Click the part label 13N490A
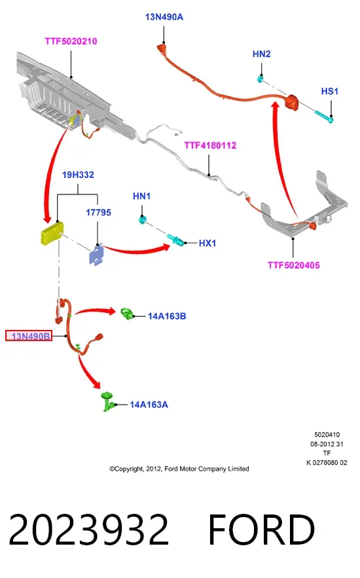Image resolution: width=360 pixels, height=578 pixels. click(x=164, y=17)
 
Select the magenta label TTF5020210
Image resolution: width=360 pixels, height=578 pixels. click(x=71, y=41)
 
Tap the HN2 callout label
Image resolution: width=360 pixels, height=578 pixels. click(x=262, y=54)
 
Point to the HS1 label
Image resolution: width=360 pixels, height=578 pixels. click(x=330, y=91)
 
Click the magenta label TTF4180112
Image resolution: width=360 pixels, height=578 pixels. click(x=210, y=145)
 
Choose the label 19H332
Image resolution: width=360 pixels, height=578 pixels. click(x=78, y=174)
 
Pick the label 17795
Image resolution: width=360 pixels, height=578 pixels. click(x=98, y=212)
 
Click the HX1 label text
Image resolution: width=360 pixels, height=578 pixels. click(x=207, y=243)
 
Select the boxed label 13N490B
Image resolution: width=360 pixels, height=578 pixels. click(x=29, y=336)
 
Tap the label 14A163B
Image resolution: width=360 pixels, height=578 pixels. click(x=167, y=316)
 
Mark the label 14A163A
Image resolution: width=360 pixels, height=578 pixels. click(x=149, y=405)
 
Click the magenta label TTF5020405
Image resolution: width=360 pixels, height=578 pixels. click(x=294, y=265)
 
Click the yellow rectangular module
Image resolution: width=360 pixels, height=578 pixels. click(x=52, y=233)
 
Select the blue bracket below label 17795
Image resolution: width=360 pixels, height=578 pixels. click(x=96, y=255)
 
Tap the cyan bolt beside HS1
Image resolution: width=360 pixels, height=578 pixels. click(x=324, y=116)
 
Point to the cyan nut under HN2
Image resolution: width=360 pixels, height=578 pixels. click(x=260, y=79)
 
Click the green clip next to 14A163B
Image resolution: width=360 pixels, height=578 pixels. click(x=128, y=314)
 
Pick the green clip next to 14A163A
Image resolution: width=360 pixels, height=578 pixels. click(x=107, y=401)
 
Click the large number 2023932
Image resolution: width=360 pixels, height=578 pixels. click(x=88, y=530)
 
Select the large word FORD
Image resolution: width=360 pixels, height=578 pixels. click(x=261, y=530)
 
